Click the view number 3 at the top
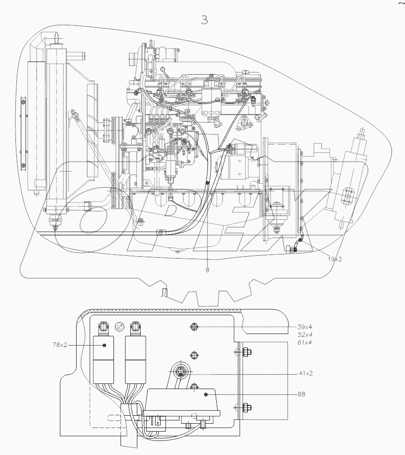204,20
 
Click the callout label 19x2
334,259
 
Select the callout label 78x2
59,345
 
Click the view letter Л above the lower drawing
163,293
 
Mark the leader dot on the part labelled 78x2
104,345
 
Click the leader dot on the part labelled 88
206,395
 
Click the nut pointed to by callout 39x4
193,327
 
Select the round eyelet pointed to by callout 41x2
180,373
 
